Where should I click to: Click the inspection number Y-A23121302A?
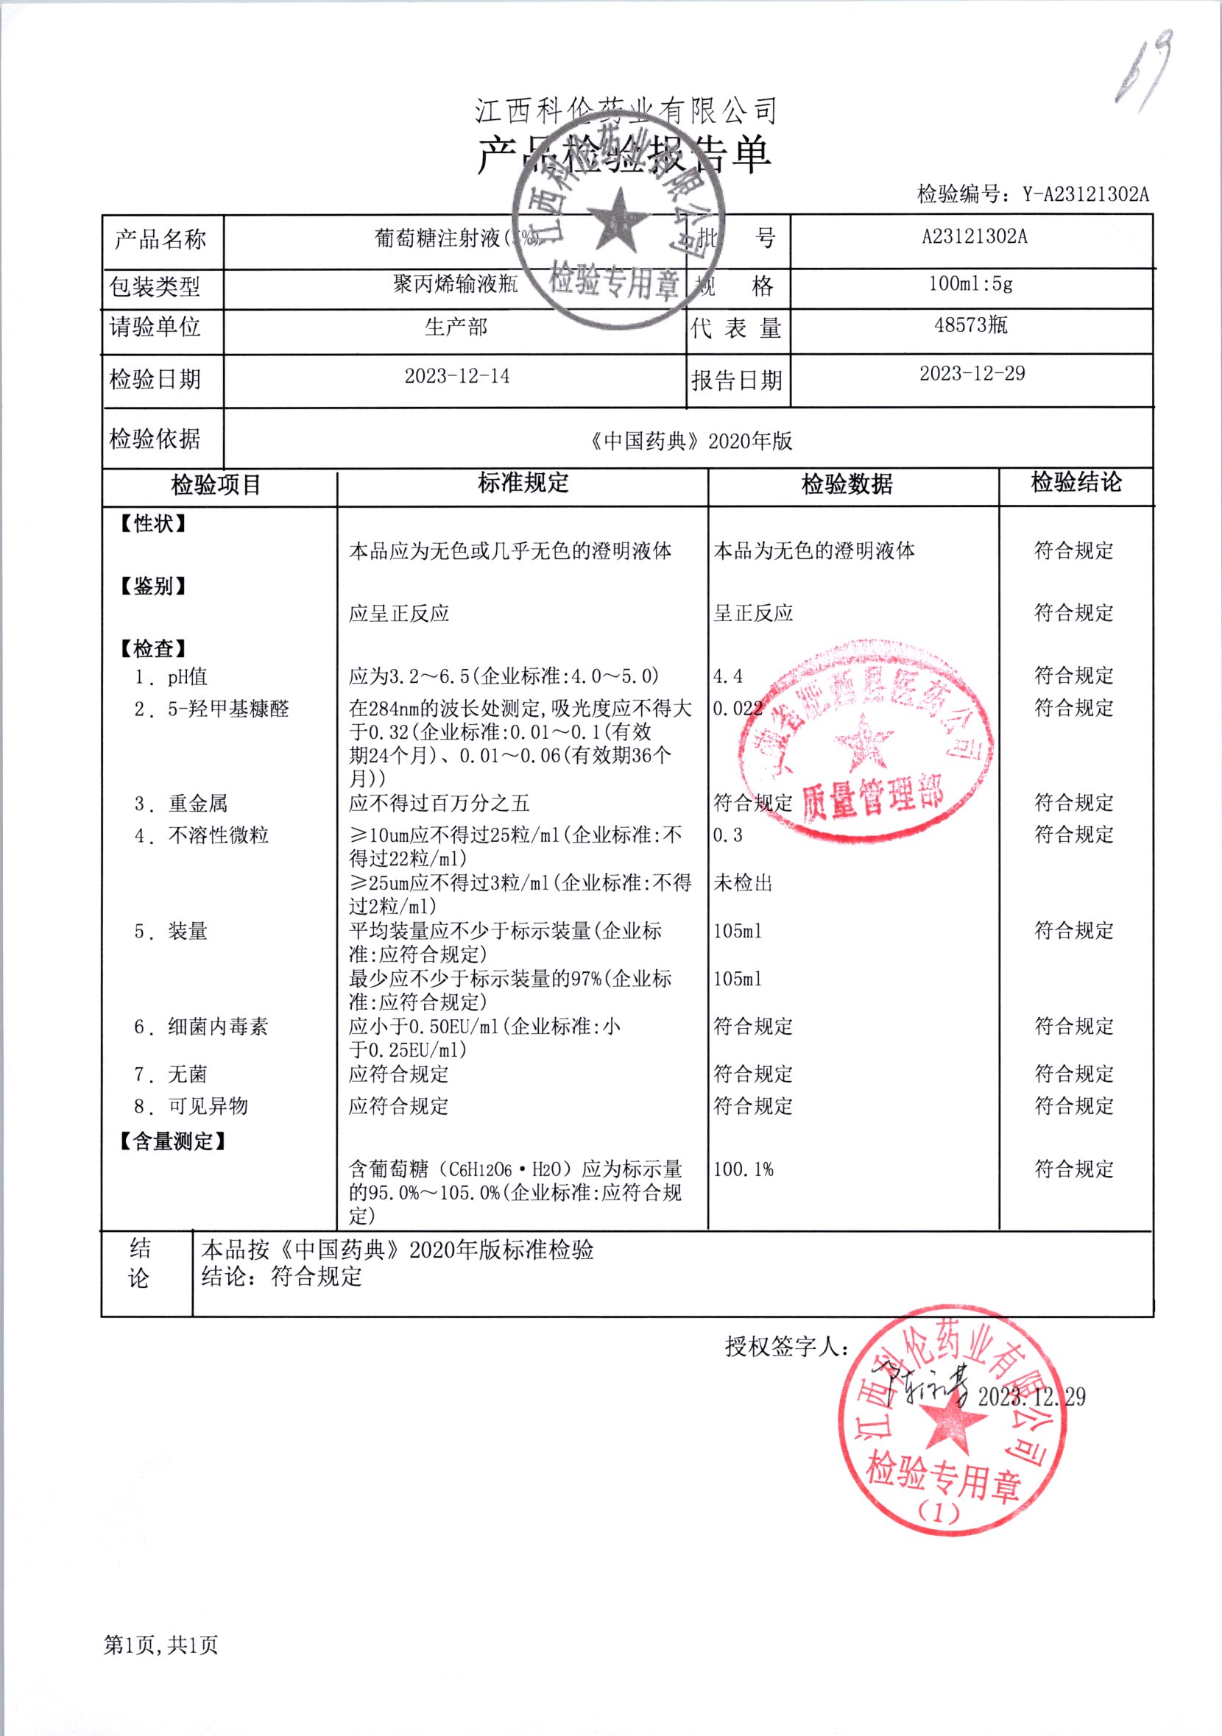(1085, 194)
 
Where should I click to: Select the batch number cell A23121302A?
(974, 237)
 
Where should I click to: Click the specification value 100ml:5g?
(970, 283)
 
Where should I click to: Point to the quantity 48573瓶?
(970, 325)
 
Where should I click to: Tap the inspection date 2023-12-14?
(456, 376)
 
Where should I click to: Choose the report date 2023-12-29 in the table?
(972, 374)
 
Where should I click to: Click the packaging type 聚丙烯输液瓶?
(455, 283)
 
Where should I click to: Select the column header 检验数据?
(847, 484)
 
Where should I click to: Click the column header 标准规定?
(523, 483)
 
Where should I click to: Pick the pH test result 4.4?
(727, 676)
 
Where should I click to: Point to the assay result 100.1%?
(743, 1169)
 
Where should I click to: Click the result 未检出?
(743, 882)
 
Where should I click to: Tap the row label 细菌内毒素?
(218, 1027)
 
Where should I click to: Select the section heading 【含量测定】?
(173, 1141)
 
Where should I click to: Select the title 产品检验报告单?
(624, 154)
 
